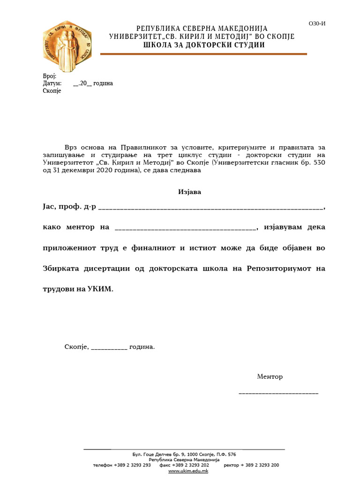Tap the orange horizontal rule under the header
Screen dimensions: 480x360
tap(203, 54)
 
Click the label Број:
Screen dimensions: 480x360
tap(49, 76)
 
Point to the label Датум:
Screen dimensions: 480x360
tap(52, 83)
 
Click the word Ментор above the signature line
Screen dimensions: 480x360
tap(270, 377)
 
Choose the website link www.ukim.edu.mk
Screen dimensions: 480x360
tap(188, 471)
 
